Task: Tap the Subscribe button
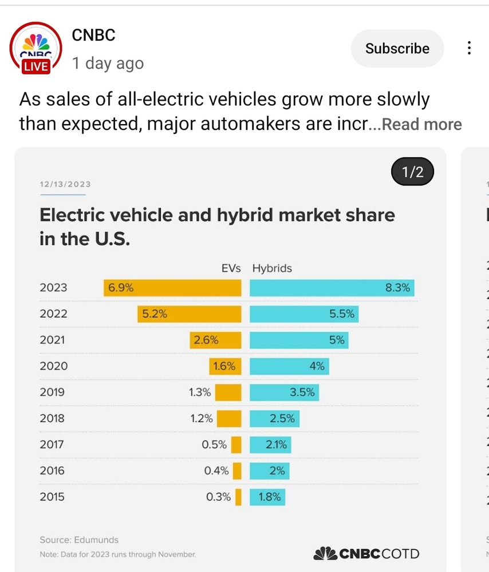[397, 49]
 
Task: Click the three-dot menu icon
[469, 48]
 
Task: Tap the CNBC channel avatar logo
[36, 49]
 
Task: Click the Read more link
[421, 124]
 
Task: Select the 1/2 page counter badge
[412, 172]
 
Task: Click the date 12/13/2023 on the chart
[65, 184]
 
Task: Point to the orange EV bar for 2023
[172, 288]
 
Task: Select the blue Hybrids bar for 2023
[332, 288]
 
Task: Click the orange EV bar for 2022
[190, 313]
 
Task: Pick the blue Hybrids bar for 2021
[299, 340]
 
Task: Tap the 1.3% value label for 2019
[199, 392]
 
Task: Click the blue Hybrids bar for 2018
[275, 419]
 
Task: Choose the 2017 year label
[52, 444]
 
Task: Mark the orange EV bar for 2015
[238, 497]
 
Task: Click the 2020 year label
[53, 366]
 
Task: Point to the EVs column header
[231, 268]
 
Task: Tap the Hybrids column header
[272, 268]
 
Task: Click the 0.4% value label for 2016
[216, 471]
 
